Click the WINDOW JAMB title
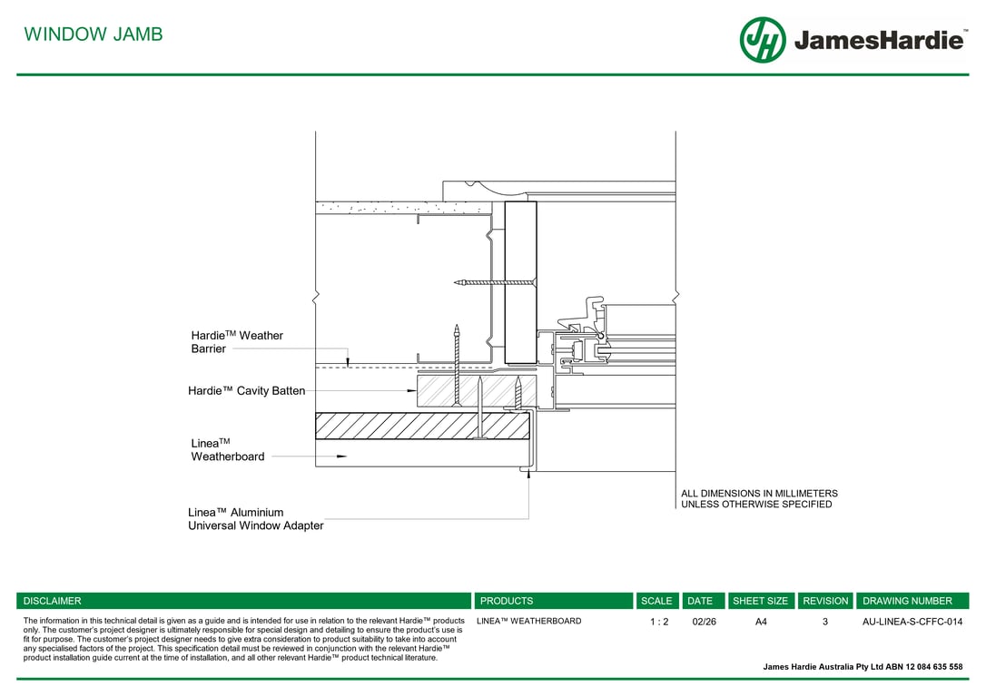click(94, 34)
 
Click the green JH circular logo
click(762, 40)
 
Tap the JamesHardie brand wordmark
click(878, 41)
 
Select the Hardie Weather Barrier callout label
click(237, 342)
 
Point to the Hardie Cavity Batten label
click(246, 391)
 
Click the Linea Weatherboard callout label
click(228, 450)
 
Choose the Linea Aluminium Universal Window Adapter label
click(255, 519)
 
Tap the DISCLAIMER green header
click(53, 601)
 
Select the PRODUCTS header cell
click(507, 601)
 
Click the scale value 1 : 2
click(659, 622)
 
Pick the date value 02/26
click(704, 622)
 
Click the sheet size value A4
click(761, 622)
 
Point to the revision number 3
click(825, 622)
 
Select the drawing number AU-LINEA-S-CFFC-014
click(912, 622)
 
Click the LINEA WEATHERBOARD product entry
click(528, 622)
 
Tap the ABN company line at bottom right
click(863, 667)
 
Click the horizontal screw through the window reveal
click(495, 283)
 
